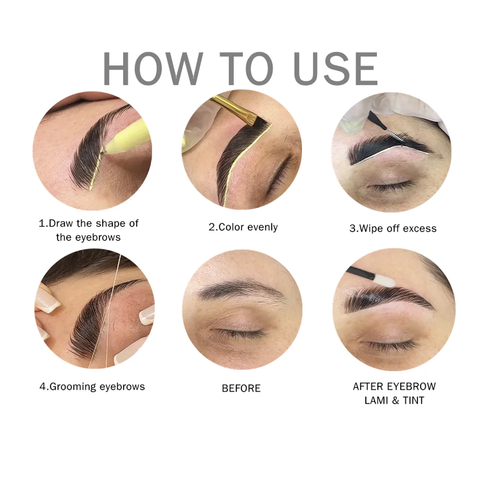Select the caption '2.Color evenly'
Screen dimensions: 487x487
click(243, 227)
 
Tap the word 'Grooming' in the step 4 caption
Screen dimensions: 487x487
click(73, 387)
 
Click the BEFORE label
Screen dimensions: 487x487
click(241, 388)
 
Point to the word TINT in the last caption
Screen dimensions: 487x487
click(412, 400)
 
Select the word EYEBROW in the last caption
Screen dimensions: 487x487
click(412, 387)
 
